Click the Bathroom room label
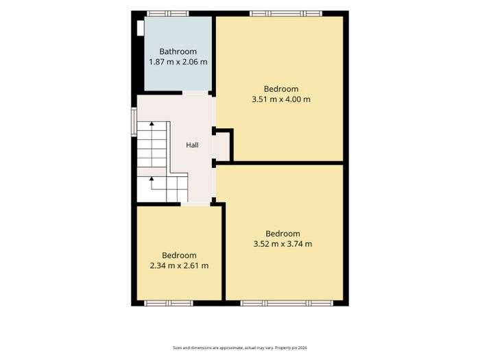(x=178, y=51)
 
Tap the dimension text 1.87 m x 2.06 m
(x=178, y=62)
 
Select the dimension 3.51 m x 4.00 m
(x=281, y=99)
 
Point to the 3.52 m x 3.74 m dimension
(x=283, y=244)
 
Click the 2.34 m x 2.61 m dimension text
(x=179, y=265)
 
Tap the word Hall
(x=192, y=145)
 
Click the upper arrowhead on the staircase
(x=152, y=123)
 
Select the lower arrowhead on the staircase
(x=152, y=178)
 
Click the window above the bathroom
(x=168, y=14)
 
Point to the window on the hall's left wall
(x=134, y=121)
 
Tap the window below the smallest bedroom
(x=169, y=303)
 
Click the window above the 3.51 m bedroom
(x=286, y=14)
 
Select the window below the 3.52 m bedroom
(x=287, y=303)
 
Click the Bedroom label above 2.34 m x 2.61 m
(x=179, y=255)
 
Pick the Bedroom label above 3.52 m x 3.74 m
(x=283, y=234)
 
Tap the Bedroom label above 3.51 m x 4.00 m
(x=281, y=89)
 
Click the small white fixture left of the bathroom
(x=141, y=28)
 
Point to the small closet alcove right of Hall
(x=223, y=146)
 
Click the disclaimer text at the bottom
(x=240, y=348)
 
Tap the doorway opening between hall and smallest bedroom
(x=195, y=204)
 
